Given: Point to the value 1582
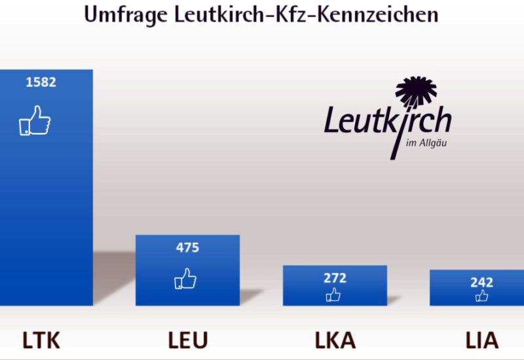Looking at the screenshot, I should point(41,82).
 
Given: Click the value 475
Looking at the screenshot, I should point(187,248).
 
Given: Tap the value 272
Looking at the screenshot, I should point(335,278).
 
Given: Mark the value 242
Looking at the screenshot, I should point(481,283).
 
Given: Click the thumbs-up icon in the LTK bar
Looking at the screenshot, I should point(35,121).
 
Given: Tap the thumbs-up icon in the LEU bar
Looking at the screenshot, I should point(185,279).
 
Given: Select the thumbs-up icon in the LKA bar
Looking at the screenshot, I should point(333,295).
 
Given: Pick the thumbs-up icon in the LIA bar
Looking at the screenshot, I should point(482,296).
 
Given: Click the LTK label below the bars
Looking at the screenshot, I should point(41,340).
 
